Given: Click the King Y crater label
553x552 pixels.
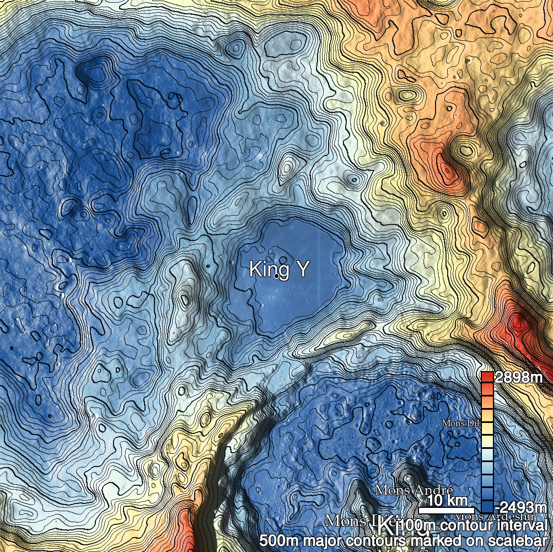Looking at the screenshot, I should point(278,269).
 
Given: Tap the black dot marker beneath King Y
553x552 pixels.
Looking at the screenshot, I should point(276,277).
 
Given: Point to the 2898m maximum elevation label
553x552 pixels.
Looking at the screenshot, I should point(518,378).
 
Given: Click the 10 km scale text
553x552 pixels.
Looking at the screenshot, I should point(445,500).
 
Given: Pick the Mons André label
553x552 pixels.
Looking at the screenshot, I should point(414,490).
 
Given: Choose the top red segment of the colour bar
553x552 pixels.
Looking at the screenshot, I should point(487,377).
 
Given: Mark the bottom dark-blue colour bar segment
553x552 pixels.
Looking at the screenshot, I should point(487,507).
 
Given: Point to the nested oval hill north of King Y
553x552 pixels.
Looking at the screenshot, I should point(287,168).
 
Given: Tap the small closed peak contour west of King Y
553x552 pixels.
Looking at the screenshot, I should point(183,301).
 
